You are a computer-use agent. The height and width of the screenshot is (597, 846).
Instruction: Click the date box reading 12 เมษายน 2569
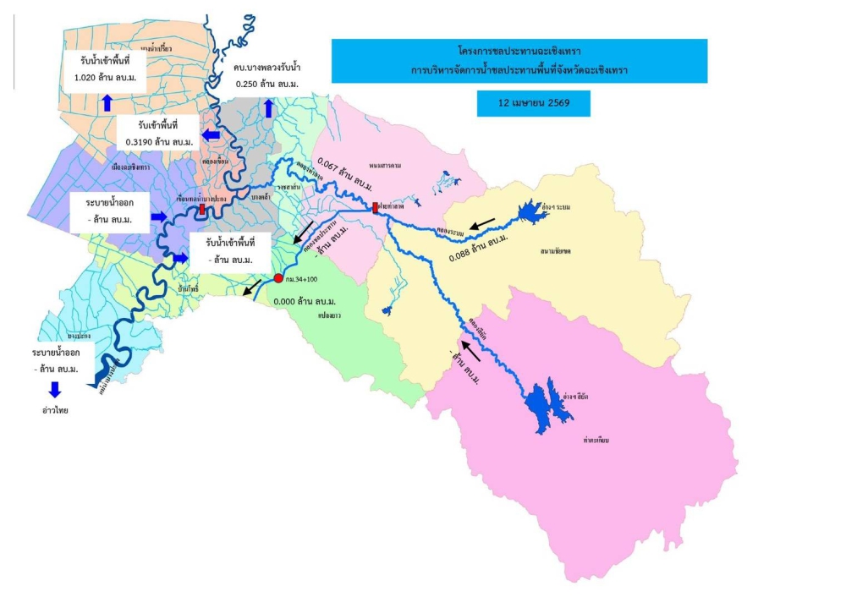[532, 103]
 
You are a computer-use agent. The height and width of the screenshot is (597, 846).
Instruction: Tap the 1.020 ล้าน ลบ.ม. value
[106, 77]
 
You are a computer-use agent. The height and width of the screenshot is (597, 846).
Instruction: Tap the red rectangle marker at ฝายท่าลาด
[376, 207]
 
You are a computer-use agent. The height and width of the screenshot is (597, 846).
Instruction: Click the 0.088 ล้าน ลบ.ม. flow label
[480, 247]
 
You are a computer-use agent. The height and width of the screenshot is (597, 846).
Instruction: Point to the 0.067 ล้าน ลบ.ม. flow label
[343, 173]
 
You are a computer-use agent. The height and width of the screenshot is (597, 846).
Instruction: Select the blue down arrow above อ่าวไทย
[55, 389]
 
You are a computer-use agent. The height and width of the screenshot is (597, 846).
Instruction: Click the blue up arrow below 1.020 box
[107, 103]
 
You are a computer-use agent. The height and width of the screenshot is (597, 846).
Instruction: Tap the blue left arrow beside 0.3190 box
[210, 134]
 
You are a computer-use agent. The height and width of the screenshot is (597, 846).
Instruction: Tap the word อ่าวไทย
[55, 410]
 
